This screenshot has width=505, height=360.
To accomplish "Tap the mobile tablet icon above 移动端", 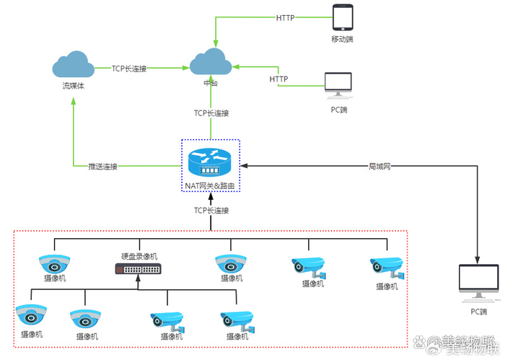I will pyautogui.click(x=343, y=17).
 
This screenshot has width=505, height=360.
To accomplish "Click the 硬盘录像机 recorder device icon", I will pyautogui.click(x=139, y=268).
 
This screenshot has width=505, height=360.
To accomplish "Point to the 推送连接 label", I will pyautogui.click(x=102, y=167).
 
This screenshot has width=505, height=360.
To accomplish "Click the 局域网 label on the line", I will pyautogui.click(x=379, y=167).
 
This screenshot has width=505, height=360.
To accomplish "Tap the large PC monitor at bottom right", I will pyautogui.click(x=479, y=281).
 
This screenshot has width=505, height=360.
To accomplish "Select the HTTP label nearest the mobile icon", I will pyautogui.click(x=286, y=17).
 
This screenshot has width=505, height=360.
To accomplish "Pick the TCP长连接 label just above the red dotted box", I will pyautogui.click(x=211, y=211).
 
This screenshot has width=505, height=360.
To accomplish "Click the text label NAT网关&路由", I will pyautogui.click(x=210, y=186).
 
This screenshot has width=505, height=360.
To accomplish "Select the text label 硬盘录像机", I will pyautogui.click(x=139, y=256).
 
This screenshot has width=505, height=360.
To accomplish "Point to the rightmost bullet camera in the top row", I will pyautogui.click(x=385, y=267).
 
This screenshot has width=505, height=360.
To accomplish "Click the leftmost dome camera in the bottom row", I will pyautogui.click(x=31, y=315).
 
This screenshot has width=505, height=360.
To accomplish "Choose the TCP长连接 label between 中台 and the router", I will pyautogui.click(x=211, y=113).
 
